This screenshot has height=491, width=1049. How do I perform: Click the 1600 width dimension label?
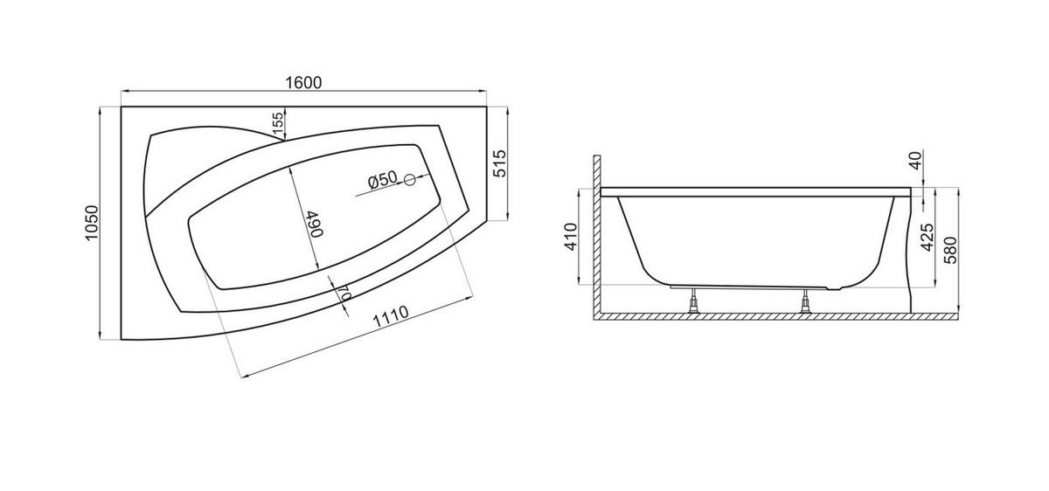point(303,82)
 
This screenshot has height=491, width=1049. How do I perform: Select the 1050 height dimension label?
point(92,223)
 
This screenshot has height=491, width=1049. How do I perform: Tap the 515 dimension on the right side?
point(500,163)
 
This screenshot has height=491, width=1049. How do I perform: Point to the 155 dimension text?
point(278,123)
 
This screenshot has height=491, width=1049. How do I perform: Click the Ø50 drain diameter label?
point(382,179)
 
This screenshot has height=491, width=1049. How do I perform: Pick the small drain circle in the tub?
point(410,179)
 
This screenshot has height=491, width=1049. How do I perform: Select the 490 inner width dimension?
point(316,224)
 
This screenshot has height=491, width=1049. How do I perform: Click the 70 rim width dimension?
point(344,293)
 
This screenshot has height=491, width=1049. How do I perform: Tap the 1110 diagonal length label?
point(391,317)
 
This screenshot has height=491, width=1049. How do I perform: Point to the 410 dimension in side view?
point(572,237)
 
